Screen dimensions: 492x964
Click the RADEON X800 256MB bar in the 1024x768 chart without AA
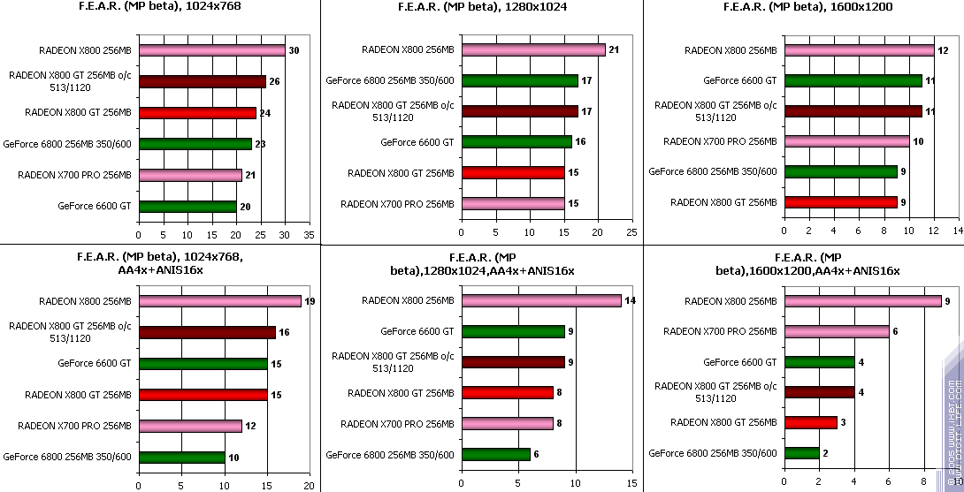point(211,50)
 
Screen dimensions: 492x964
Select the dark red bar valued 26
point(202,81)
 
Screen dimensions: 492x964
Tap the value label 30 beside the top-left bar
point(294,51)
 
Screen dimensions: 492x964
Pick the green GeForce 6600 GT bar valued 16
point(516,141)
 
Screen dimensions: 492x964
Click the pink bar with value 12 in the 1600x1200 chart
point(859,50)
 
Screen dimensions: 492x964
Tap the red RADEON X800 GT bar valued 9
point(840,202)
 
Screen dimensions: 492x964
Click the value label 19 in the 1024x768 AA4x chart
point(310,301)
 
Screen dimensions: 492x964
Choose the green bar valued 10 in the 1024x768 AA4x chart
point(181,457)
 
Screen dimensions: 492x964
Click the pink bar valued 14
point(540,301)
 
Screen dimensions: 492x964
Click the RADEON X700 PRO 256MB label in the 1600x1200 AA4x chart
point(720,331)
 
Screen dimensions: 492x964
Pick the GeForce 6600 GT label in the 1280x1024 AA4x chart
point(417,331)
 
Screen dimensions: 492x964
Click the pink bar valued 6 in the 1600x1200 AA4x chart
point(837,331)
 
